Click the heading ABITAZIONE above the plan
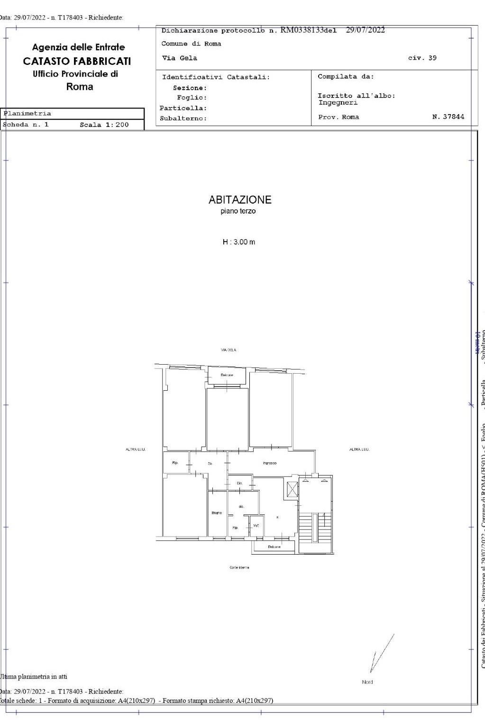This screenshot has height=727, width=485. point(240,199)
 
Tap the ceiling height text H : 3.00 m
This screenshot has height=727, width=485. point(239,242)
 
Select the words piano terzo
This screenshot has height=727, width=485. point(238,211)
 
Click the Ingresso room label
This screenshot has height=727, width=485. point(269,463)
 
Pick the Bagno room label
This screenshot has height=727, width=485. point(217,513)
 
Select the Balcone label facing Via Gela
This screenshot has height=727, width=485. point(227,375)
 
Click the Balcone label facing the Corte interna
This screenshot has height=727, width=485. point(274,547)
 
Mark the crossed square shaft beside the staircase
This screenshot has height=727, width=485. point(292,489)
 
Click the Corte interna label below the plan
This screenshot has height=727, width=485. point(239,567)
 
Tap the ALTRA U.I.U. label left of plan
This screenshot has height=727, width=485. point(135,449)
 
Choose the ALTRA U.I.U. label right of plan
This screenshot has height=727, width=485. point(359,449)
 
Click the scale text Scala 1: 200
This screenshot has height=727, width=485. point(104,125)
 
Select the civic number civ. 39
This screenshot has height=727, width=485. point(422,58)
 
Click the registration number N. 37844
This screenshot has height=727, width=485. point(448,117)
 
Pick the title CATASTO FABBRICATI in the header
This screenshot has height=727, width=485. point(77,61)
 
